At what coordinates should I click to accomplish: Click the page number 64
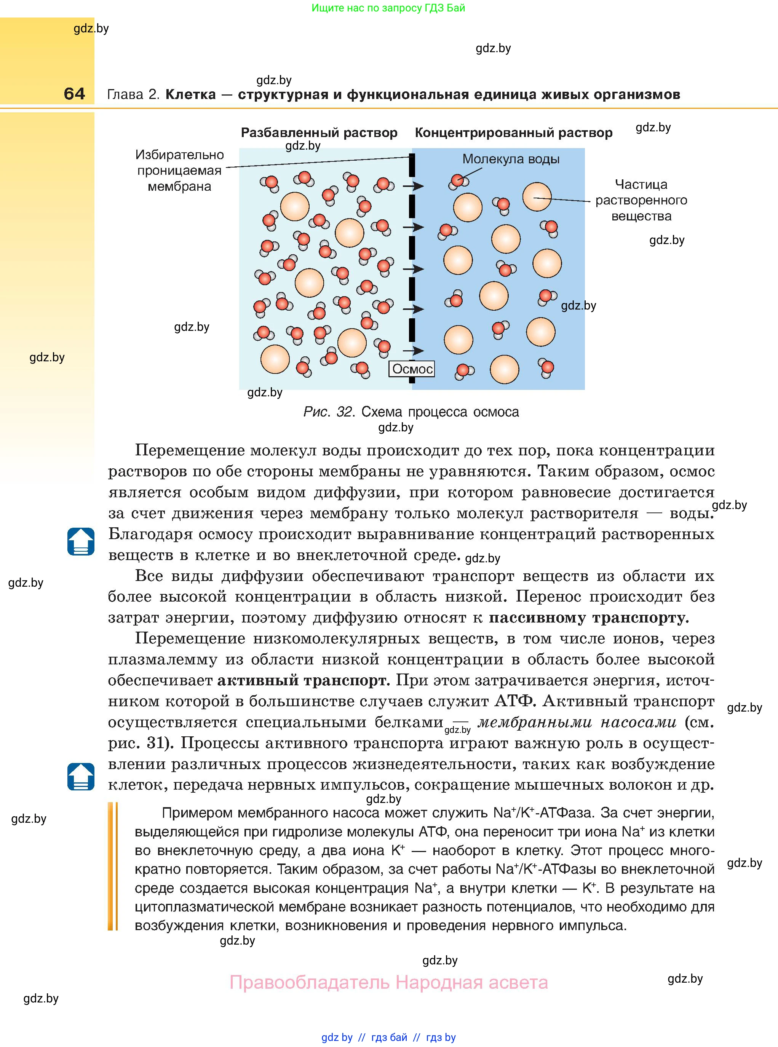74,94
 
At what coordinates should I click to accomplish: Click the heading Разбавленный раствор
319,133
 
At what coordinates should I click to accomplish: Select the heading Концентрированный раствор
513,133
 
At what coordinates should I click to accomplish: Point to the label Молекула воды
511,159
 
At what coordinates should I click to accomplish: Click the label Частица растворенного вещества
641,200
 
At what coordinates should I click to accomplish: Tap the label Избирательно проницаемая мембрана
179,171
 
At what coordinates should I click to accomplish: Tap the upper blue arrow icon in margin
81,541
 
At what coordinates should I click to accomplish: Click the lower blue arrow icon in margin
81,776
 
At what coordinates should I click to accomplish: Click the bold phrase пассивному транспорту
589,618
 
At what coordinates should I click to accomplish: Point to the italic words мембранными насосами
577,722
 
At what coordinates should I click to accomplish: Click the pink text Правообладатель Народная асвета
388,983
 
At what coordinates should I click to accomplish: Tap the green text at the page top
388,8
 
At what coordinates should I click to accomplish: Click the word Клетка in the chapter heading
191,95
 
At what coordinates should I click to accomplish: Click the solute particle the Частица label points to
537,197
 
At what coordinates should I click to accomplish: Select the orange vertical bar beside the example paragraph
113,866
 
